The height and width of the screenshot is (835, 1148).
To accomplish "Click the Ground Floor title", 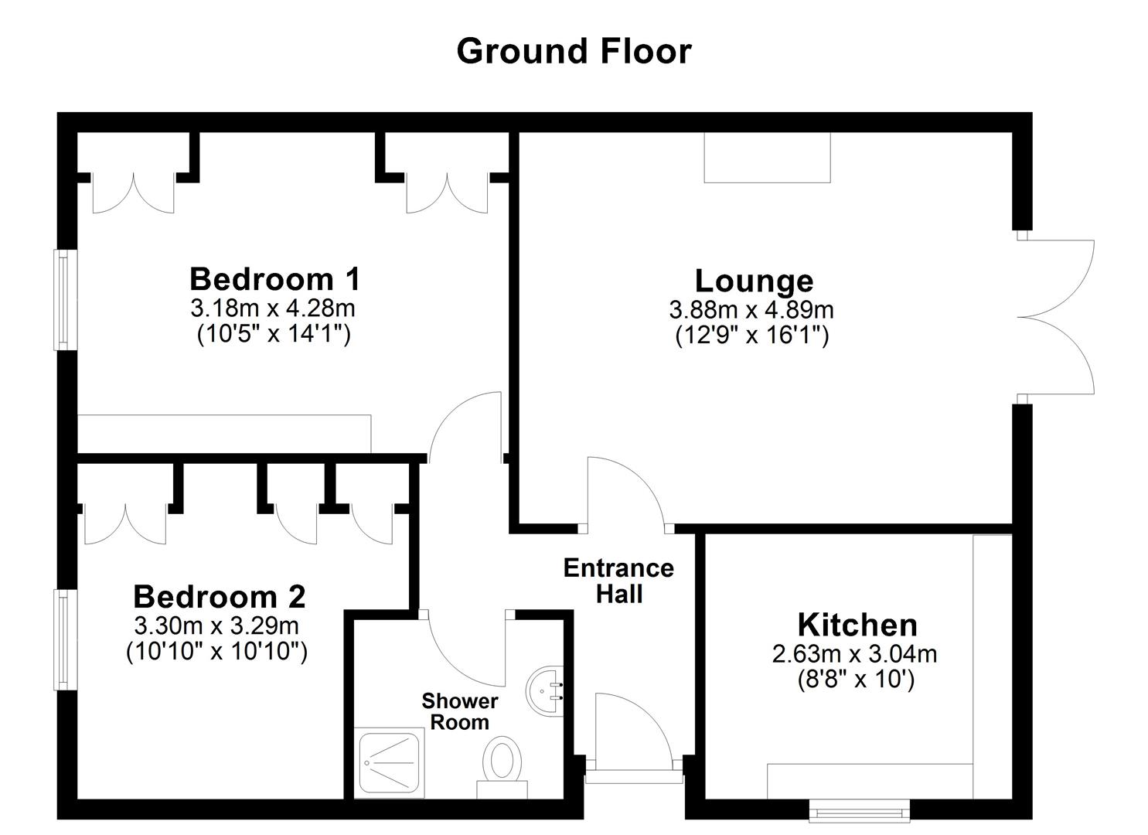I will tap(574, 51).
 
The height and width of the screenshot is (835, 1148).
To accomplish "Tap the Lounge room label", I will tap(753, 281).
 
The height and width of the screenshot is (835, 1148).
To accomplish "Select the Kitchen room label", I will tap(857, 625).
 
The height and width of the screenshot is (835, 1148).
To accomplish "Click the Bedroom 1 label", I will tap(274, 278).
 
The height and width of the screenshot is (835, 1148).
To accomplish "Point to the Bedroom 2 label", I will tap(219, 597).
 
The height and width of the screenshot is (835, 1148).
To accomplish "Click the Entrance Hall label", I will tap(618, 581).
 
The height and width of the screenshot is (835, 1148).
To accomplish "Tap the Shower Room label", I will tap(460, 711).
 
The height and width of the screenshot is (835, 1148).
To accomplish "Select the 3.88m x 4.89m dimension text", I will tap(751, 310).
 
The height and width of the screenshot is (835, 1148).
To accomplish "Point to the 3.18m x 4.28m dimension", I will tap(273, 308).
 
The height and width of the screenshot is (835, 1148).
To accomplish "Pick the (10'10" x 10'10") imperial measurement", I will tap(217, 651).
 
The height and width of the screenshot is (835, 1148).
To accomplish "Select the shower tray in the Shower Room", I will tap(390, 764).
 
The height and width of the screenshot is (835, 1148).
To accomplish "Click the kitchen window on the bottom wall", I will tap(859, 810).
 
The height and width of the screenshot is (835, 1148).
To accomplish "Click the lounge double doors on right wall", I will tap(1056, 317).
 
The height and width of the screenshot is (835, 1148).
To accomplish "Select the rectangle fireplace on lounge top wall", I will tap(766, 158).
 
